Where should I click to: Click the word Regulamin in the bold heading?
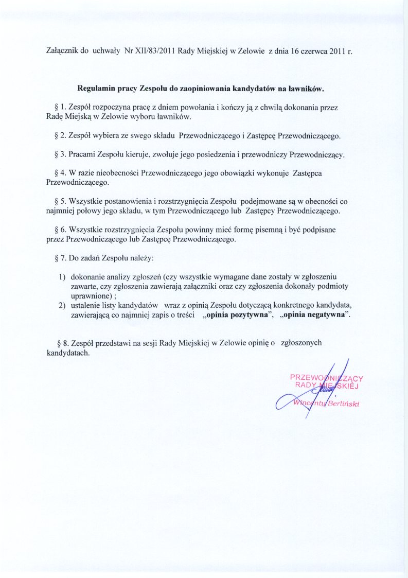pyautogui.click(x=96, y=89)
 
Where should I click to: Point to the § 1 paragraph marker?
pyautogui.click(x=58, y=108)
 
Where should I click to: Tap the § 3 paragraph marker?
pyautogui.click(x=58, y=154)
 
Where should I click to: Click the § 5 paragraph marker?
pyautogui.click(x=58, y=201)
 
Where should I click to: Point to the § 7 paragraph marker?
pyautogui.click(x=58, y=257)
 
